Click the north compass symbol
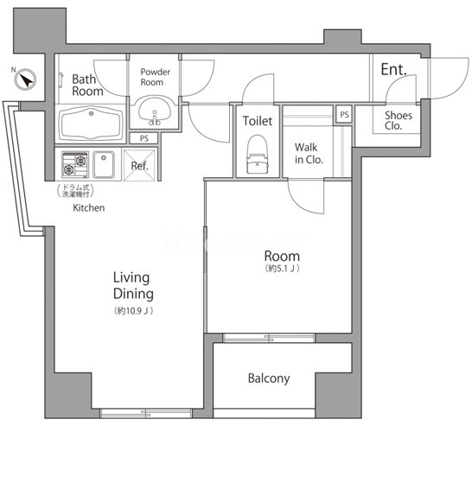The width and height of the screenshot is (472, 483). click(x=25, y=79)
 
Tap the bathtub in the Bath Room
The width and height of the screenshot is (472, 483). click(x=91, y=124)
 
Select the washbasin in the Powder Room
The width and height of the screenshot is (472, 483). click(x=155, y=111)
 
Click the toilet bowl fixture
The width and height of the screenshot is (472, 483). click(x=258, y=155)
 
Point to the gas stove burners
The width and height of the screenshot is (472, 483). click(x=75, y=165)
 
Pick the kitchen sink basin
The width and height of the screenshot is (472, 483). click(x=104, y=165)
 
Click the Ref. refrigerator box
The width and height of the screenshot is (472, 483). click(x=139, y=165)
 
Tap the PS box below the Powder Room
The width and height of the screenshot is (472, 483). click(x=144, y=138)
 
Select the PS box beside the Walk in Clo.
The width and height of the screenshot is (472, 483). click(x=344, y=115)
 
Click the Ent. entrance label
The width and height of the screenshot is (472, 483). click(x=393, y=69)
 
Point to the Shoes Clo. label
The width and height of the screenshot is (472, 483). click(x=398, y=120)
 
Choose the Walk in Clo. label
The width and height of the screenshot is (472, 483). click(x=309, y=154)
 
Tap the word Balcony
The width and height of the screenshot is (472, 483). click(x=269, y=378)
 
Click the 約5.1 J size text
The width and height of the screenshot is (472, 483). click(x=282, y=269)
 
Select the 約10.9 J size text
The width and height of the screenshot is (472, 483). click(x=134, y=311)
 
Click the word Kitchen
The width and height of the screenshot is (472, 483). click(x=89, y=208)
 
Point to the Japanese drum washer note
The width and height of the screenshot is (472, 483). click(x=75, y=191)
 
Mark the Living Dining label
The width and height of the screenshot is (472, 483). click(x=133, y=285)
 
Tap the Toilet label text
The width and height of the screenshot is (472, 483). click(x=258, y=121)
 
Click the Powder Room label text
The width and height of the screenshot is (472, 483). click(x=156, y=77)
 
